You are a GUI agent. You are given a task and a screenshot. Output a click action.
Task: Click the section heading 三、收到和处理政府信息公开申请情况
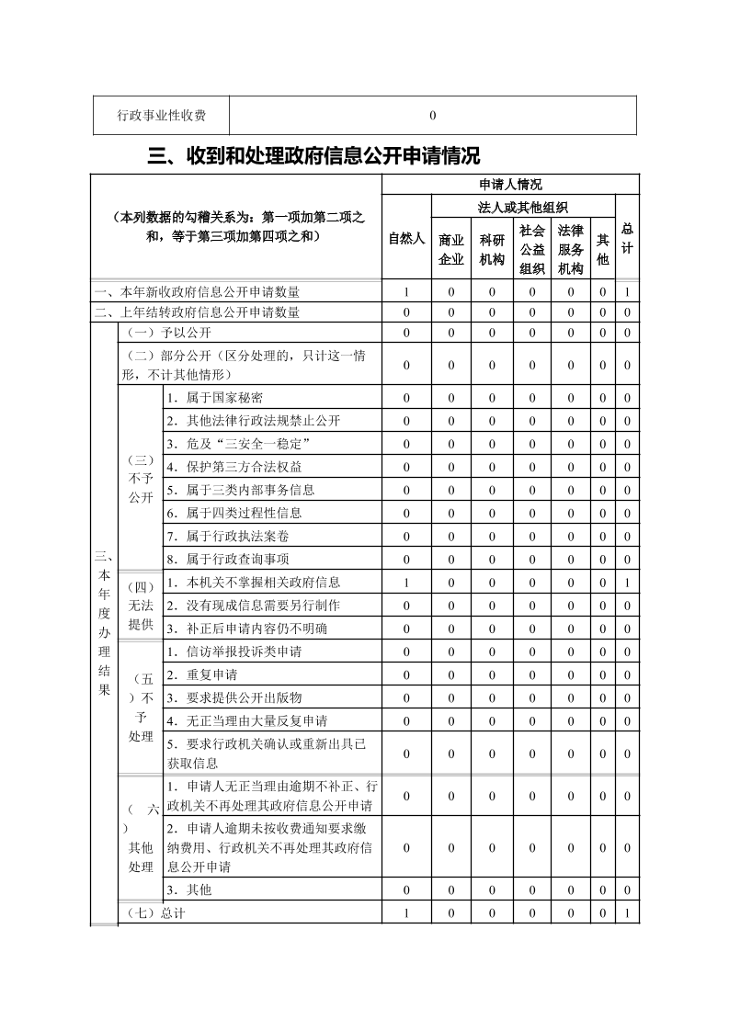point(313,155)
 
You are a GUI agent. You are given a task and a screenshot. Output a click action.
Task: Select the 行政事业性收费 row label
point(161,116)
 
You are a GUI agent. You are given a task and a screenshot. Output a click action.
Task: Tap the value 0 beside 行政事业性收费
point(432,116)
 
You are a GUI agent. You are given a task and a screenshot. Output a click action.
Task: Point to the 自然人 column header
point(406,238)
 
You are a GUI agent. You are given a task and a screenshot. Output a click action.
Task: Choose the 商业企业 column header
point(451,249)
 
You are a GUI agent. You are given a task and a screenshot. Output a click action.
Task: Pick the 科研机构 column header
point(492,249)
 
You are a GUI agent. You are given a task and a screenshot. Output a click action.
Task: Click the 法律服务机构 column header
point(570,249)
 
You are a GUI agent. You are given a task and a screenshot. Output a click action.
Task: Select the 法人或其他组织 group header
point(522,208)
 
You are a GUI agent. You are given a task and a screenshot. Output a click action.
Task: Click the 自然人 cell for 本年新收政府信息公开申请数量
point(406,292)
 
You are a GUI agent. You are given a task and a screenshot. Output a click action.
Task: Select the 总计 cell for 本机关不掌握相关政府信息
point(626,582)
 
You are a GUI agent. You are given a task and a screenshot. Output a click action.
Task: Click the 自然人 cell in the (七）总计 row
point(406,913)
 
